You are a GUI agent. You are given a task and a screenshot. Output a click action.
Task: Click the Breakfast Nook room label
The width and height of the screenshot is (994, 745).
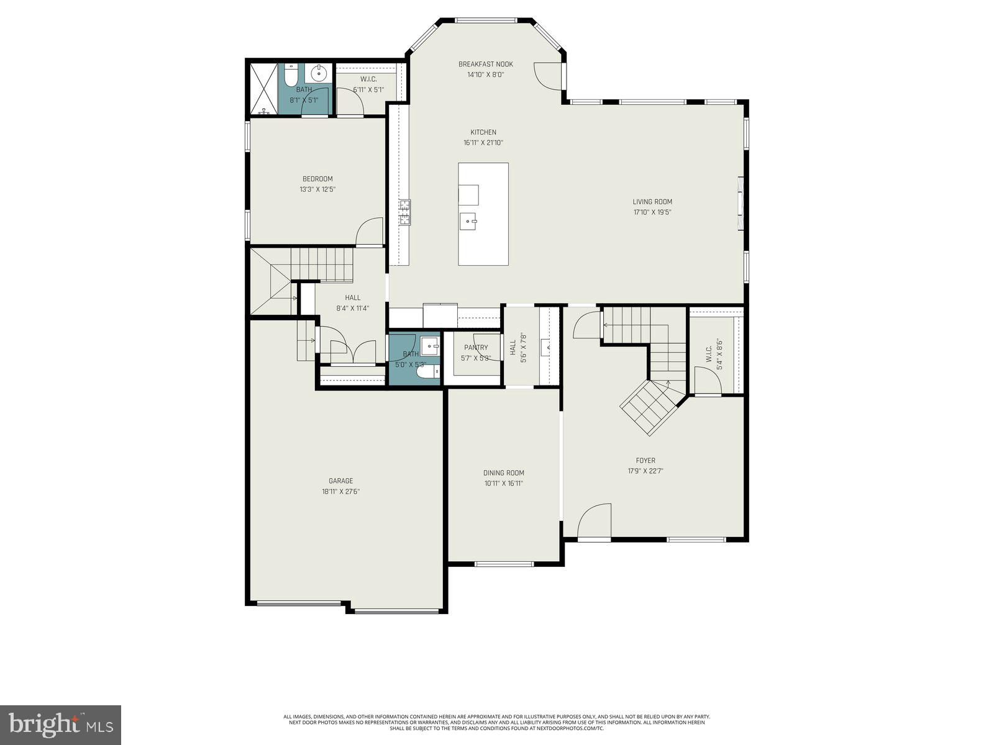[486, 64]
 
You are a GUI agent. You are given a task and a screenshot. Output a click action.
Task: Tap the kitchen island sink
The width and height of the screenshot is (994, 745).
[468, 220]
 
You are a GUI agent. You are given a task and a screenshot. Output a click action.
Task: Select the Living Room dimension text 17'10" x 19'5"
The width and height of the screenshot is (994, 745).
[652, 212]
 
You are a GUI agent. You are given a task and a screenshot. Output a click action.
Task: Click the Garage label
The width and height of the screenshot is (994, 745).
[340, 481]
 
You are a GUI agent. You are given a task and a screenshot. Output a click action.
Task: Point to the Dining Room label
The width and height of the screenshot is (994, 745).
[504, 473]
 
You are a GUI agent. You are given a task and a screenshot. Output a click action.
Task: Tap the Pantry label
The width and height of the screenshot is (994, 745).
[476, 348]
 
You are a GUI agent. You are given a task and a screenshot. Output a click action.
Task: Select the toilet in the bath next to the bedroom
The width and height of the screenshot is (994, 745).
[290, 76]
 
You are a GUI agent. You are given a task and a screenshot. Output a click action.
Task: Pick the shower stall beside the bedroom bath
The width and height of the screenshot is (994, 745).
[263, 88]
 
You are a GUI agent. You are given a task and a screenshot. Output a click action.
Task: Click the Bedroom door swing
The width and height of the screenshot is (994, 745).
[370, 232]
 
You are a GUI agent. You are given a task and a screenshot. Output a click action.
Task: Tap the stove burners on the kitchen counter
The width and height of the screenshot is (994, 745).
[404, 212]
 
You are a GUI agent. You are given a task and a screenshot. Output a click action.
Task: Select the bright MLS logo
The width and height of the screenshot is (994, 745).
[60, 725]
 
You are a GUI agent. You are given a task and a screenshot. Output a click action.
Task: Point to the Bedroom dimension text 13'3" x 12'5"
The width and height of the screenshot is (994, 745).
[317, 190]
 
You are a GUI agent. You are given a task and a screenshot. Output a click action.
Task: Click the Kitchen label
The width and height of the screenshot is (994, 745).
[483, 132]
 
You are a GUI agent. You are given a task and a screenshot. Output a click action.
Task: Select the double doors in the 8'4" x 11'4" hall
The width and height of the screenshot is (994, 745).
[353, 351]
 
